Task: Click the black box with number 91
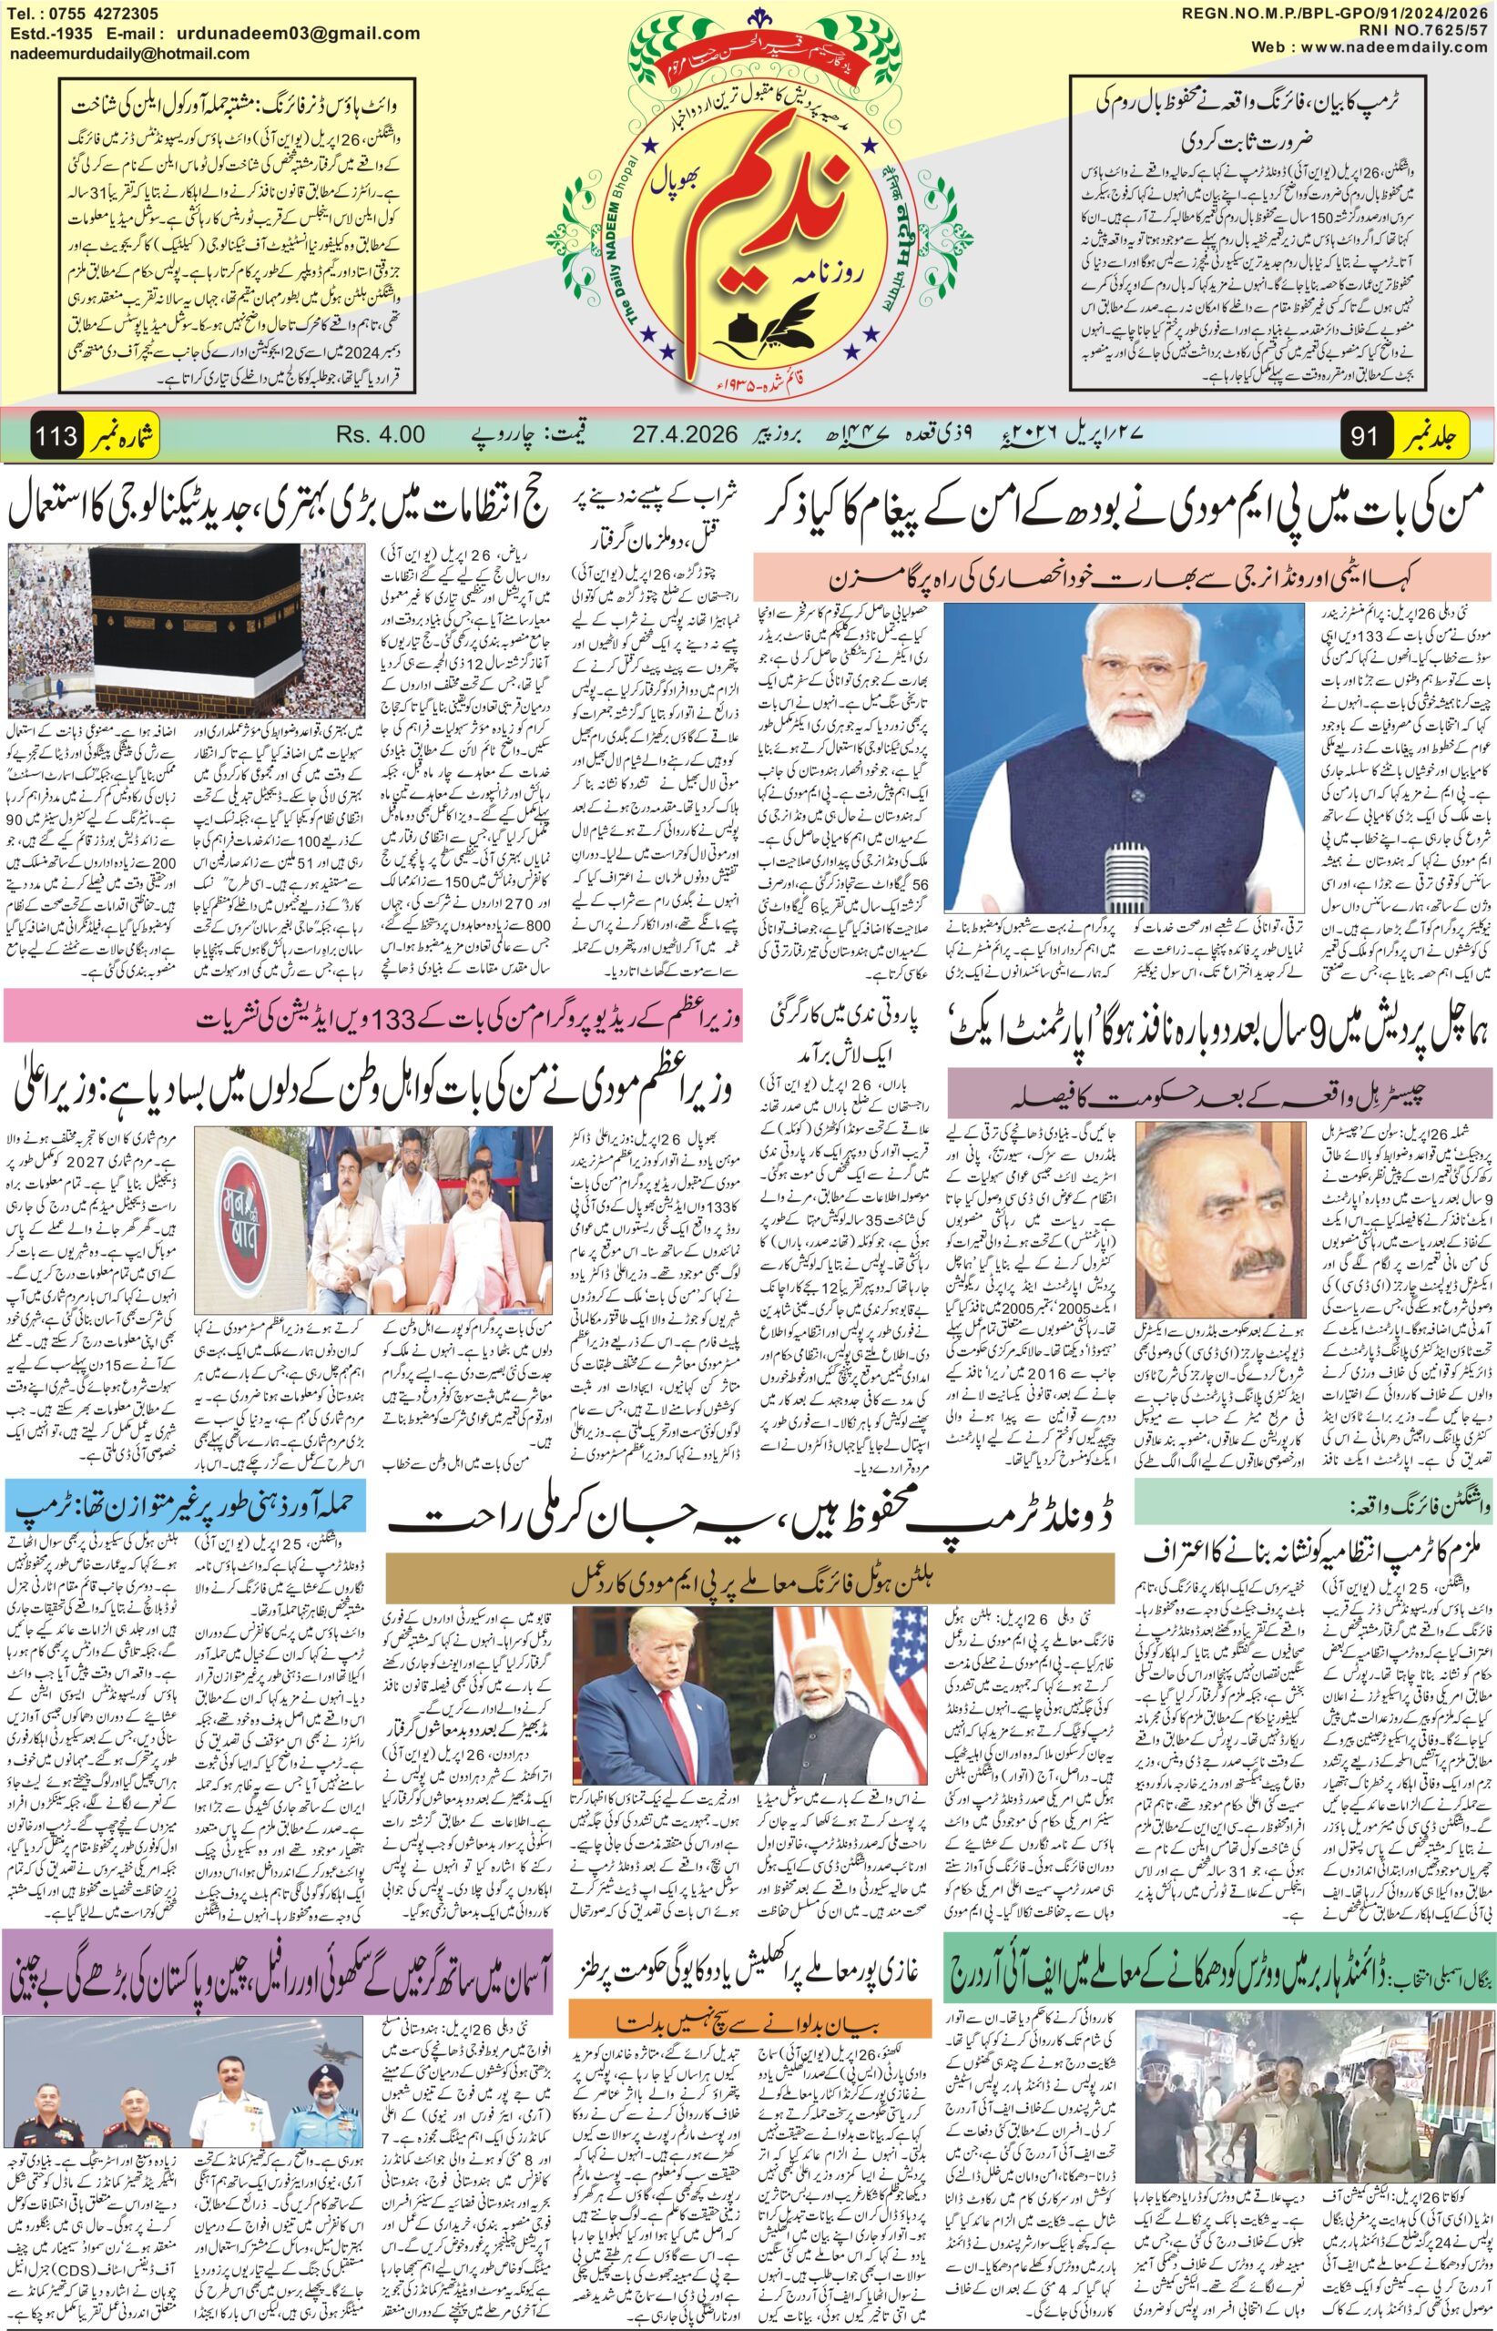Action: click(1366, 435)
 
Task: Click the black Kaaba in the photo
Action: click(195, 622)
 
